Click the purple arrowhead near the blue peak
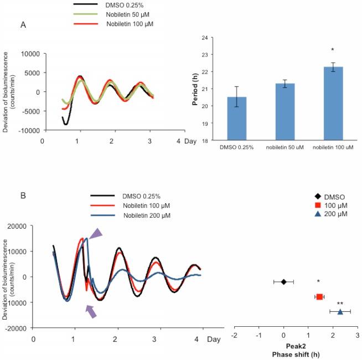(x=96, y=234)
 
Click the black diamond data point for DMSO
(x=283, y=282)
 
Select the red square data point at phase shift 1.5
(x=319, y=297)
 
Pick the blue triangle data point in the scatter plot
(x=340, y=312)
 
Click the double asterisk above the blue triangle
(x=340, y=304)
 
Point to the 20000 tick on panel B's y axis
(x=19, y=226)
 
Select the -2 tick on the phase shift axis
(x=235, y=336)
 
